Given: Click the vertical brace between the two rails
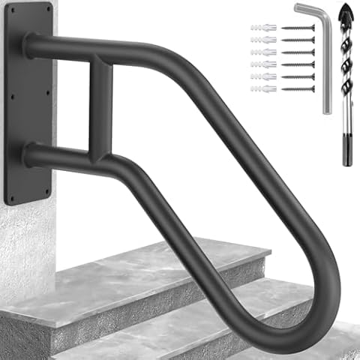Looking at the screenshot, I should tap(100, 105).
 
